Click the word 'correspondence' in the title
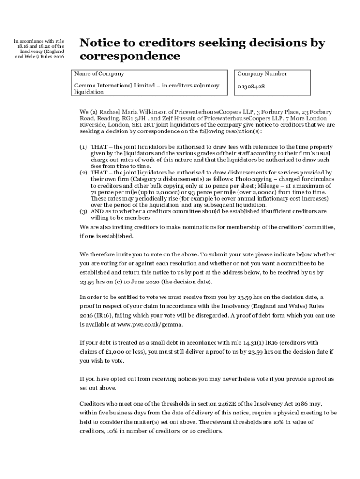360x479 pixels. pyautogui.click(x=130, y=56)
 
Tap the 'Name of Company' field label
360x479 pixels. pyautogui.click(x=99, y=74)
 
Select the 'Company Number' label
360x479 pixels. pyautogui.click(x=262, y=74)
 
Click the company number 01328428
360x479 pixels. pyautogui.click(x=251, y=87)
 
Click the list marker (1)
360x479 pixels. pyautogui.click(x=83, y=147)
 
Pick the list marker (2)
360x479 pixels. pyautogui.click(x=83, y=173)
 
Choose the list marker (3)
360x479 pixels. pyautogui.click(x=83, y=211)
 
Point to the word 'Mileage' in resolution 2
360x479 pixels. pyautogui.click(x=250, y=186)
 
